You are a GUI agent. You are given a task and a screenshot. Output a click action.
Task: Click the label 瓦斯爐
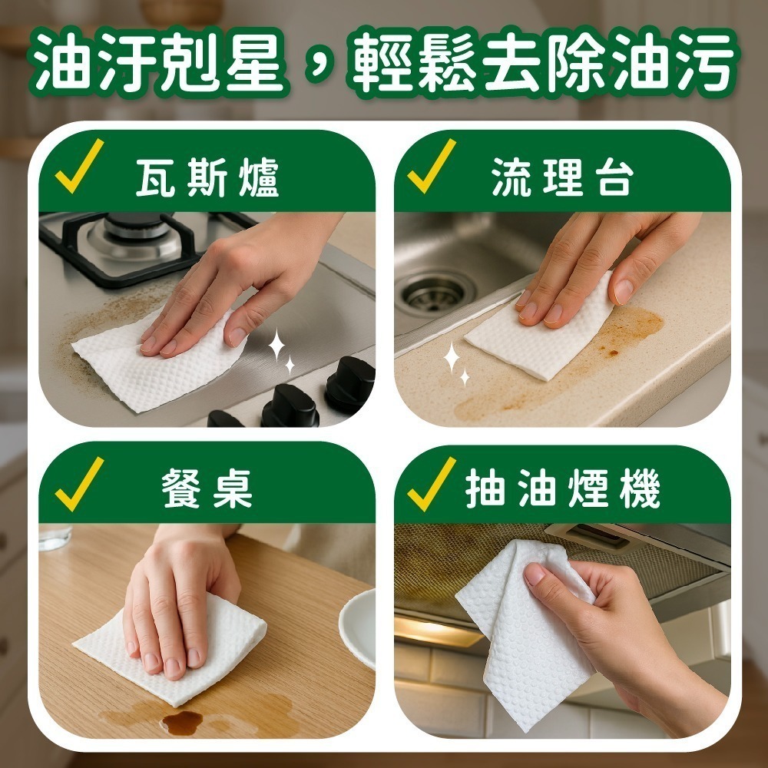tap(207, 179)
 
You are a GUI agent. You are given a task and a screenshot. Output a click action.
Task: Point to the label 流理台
tap(562, 179)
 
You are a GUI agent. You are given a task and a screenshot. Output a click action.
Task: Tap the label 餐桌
tap(207, 489)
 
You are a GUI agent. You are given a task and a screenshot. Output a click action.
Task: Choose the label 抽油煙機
tap(563, 489)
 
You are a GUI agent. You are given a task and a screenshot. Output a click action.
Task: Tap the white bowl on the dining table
tap(359, 626)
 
